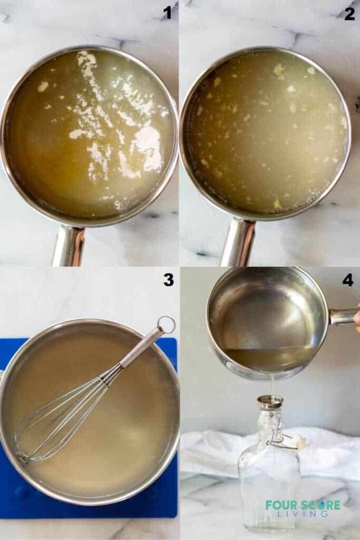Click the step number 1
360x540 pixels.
click(167, 12)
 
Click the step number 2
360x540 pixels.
click(349, 13)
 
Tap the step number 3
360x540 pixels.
click(168, 279)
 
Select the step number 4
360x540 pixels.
click(348, 279)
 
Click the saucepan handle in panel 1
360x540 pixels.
click(69, 245)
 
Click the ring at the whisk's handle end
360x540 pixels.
click(166, 324)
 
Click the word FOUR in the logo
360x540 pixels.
click(279, 505)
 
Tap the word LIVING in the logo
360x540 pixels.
click(304, 514)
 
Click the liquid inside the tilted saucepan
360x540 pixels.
click(269, 356)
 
